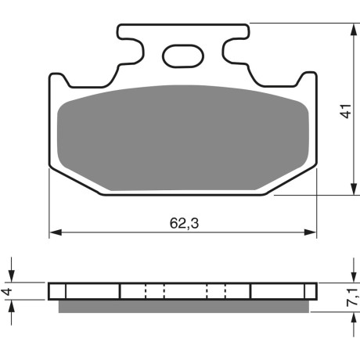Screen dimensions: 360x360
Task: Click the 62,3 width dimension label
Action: click(x=184, y=223)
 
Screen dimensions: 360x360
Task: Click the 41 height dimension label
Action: click(x=347, y=111)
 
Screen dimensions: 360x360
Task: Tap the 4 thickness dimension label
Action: click(x=8, y=291)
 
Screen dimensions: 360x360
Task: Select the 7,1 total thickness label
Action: click(x=353, y=297)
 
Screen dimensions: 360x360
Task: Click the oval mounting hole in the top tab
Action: click(x=183, y=56)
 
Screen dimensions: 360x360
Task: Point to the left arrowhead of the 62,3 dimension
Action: click(x=56, y=232)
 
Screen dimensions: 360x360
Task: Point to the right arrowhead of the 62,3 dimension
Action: click(x=310, y=232)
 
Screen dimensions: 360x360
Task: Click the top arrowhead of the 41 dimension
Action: click(x=354, y=30)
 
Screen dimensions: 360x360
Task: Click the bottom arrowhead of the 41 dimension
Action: click(x=354, y=189)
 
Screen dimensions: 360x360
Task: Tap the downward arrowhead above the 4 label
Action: click(x=11, y=276)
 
